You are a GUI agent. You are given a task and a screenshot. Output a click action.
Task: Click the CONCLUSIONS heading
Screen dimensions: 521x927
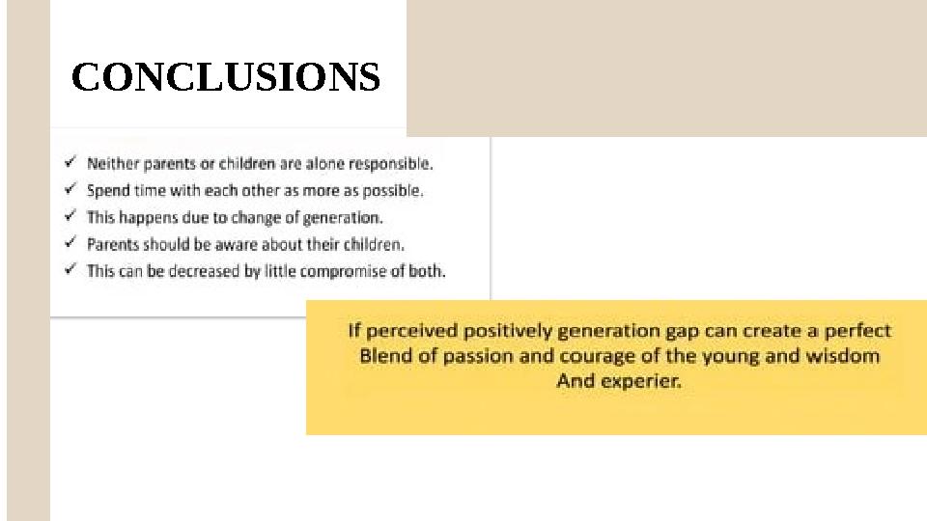(226, 77)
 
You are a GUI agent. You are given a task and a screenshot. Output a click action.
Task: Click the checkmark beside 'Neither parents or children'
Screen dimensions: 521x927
(70, 163)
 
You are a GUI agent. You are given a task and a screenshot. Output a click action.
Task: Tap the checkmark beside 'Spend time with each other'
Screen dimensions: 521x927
(70, 190)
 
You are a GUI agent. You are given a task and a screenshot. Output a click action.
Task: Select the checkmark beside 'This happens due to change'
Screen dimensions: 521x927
(70, 217)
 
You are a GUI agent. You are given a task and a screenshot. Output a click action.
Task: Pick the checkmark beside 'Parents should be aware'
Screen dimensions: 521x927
(70, 244)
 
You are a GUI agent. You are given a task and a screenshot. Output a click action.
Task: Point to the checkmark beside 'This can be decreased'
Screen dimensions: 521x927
(70, 270)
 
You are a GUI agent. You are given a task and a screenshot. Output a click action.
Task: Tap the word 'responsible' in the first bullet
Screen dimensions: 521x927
(392, 164)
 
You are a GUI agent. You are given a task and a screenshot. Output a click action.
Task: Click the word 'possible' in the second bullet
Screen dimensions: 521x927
(394, 191)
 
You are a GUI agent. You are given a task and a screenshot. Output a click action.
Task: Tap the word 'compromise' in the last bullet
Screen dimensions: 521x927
(342, 271)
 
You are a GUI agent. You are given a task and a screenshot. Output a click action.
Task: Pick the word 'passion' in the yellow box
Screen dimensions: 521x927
(474, 356)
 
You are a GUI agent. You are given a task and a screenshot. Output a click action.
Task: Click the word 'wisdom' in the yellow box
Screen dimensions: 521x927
(843, 356)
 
